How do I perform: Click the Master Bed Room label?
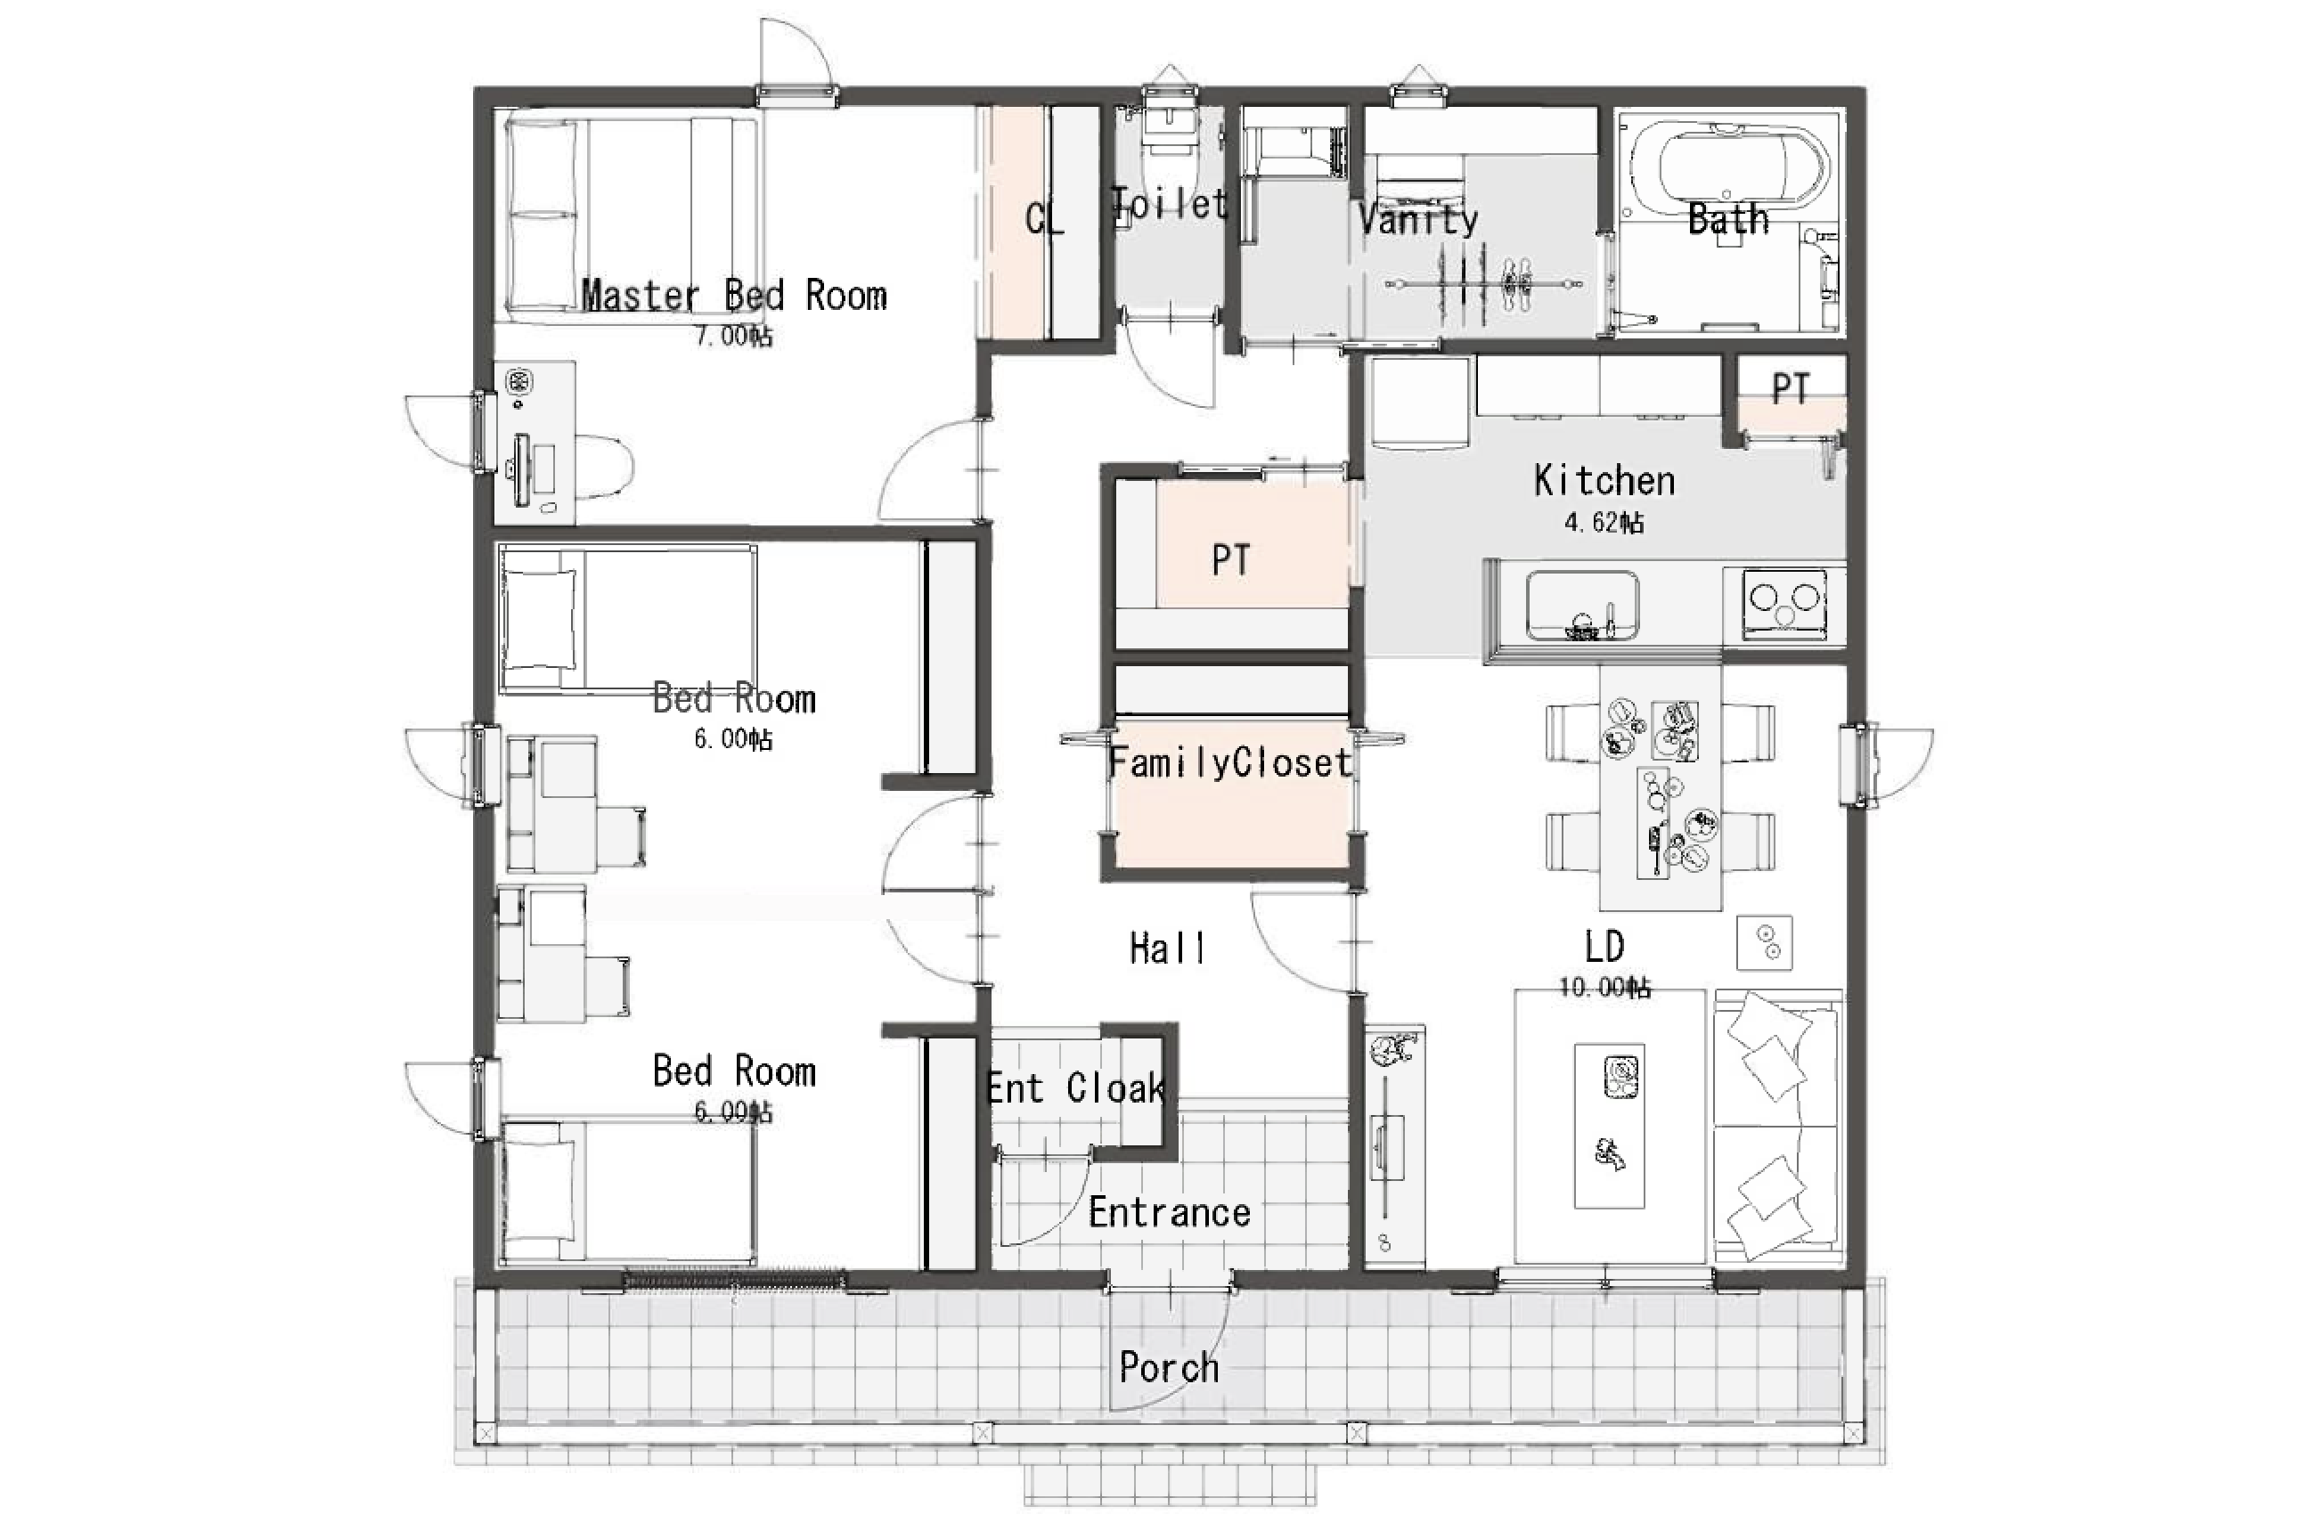coord(734,296)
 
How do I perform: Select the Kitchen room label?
coord(1604,480)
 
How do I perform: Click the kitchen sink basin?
coord(1581,605)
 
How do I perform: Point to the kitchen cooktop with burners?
coord(1784,603)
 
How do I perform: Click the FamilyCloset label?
coord(1230,762)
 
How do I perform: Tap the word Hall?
coord(1167,949)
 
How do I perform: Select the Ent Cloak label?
coord(1076,1087)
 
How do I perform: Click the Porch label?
coord(1169,1367)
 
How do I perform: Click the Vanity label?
coord(1417,218)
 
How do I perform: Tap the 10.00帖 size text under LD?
coord(1604,987)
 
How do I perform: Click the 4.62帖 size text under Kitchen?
coord(1604,522)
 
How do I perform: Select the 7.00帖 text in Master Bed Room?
coord(733,336)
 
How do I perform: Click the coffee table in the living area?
coord(1609,1125)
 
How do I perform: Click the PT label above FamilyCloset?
coord(1231,560)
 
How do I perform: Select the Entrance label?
coord(1169,1212)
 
